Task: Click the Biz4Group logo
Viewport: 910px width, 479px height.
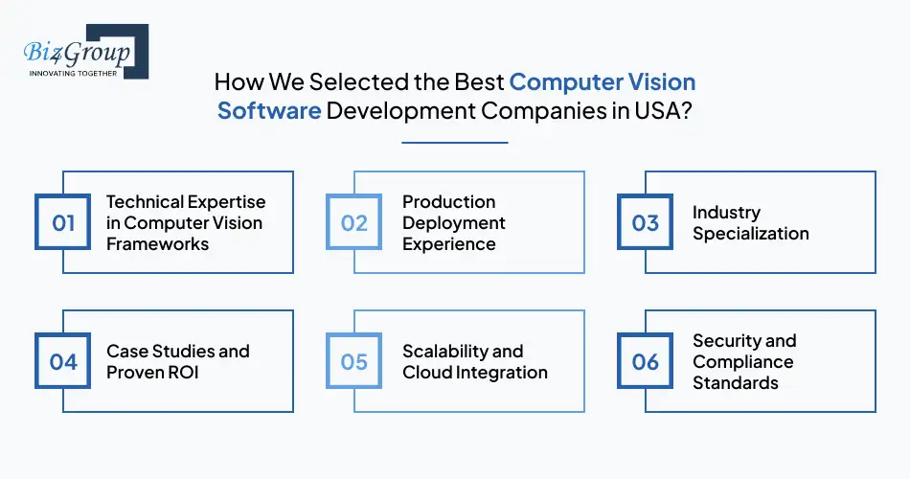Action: [x=84, y=52]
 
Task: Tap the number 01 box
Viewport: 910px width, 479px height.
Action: [x=63, y=223]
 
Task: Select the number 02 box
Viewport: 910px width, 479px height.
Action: [x=354, y=223]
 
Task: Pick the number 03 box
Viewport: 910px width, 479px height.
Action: [x=645, y=223]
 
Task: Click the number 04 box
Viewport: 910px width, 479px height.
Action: [x=63, y=361]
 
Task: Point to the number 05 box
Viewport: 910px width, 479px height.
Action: [x=354, y=361]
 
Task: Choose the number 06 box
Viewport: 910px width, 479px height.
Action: [x=645, y=361]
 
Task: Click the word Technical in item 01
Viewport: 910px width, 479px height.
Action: [x=145, y=202]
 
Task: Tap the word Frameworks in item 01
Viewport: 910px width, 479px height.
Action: [x=157, y=244]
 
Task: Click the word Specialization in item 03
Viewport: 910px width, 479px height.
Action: [x=750, y=234]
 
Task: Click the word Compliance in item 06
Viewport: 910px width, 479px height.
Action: [x=742, y=361]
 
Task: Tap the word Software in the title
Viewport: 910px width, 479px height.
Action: [x=269, y=110]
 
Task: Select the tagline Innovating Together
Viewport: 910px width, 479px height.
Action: [x=73, y=73]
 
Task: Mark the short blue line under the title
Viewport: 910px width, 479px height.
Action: [x=454, y=143]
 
